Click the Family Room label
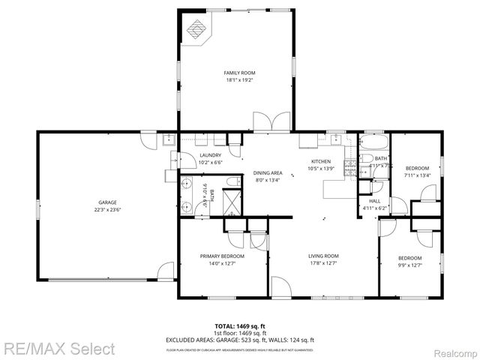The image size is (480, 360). [x=235, y=73]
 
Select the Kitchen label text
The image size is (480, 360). [x=322, y=161]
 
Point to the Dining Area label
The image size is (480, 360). [x=267, y=172]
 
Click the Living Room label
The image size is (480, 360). [x=324, y=256]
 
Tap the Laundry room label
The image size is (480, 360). [x=210, y=155]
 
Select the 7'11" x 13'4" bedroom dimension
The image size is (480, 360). [x=417, y=175]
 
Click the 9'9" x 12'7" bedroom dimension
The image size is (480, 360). [x=409, y=265]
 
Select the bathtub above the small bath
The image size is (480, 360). [x=373, y=142]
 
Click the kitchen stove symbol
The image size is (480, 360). [x=349, y=168]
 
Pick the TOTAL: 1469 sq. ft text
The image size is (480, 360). [x=240, y=326]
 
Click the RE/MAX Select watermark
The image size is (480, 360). [x=58, y=349]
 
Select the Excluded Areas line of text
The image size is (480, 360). [x=240, y=340]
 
